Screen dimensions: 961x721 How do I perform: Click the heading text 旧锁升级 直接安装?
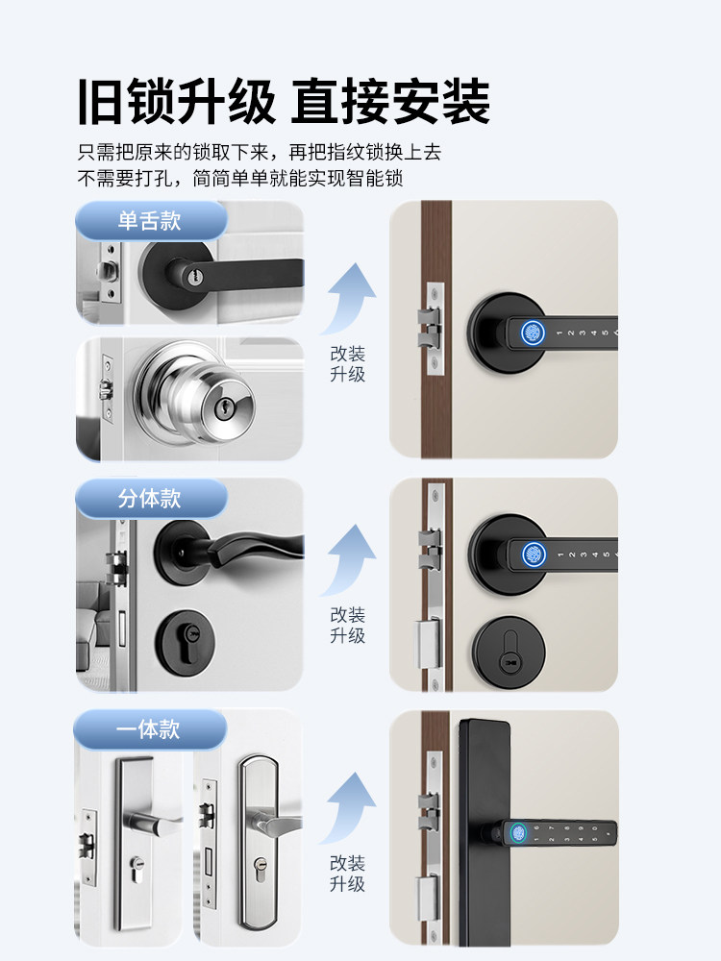point(285,102)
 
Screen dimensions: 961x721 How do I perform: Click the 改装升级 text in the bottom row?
point(347,873)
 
